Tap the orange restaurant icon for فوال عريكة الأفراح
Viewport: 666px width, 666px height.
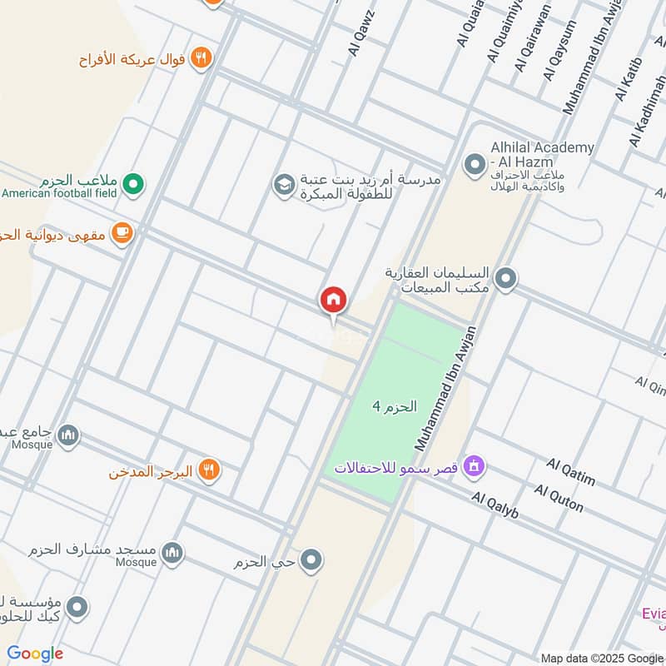click(201, 57)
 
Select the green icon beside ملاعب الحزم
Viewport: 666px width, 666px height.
click(132, 183)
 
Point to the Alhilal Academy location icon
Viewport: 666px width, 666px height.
click(475, 163)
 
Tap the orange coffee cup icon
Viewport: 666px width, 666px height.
click(122, 234)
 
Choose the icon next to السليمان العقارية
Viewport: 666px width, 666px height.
click(504, 280)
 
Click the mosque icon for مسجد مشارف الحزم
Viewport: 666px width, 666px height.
click(172, 553)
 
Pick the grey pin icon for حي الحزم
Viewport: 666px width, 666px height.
click(311, 561)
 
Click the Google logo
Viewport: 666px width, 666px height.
click(35, 654)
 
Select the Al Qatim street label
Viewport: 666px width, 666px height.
click(571, 471)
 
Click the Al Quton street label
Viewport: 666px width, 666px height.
click(559, 498)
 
